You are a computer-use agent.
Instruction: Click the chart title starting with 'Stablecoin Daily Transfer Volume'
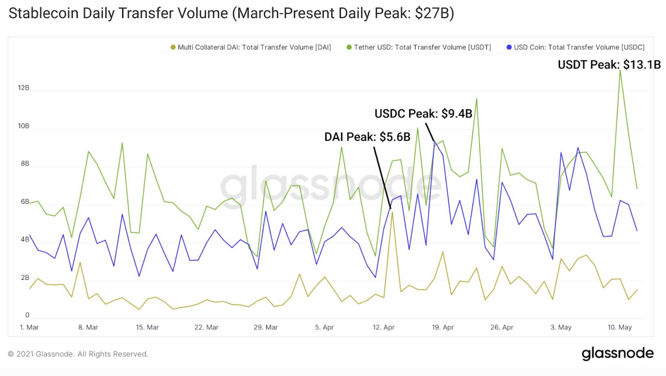pyautogui.click(x=231, y=14)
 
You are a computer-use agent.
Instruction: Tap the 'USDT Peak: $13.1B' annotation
pyautogui.click(x=609, y=65)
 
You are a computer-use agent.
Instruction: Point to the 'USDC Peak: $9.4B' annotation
pyautogui.click(x=423, y=113)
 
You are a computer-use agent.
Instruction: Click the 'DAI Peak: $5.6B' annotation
pyautogui.click(x=367, y=137)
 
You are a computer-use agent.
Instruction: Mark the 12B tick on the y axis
pyautogui.click(x=23, y=88)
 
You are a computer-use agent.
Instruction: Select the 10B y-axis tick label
pyautogui.click(x=23, y=126)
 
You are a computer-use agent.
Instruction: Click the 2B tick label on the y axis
pyautogui.click(x=25, y=277)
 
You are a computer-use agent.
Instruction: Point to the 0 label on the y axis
pyautogui.click(x=27, y=315)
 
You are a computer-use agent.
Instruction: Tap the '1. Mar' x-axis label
pyautogui.click(x=29, y=327)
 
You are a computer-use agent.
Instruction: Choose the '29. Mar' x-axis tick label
pyautogui.click(x=266, y=327)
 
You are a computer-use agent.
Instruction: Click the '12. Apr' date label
pyautogui.click(x=384, y=327)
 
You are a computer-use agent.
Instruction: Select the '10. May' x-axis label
pyautogui.click(x=620, y=327)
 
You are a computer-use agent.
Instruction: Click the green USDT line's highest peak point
pyautogui.click(x=620, y=71)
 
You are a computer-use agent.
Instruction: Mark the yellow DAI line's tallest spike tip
pyautogui.click(x=392, y=212)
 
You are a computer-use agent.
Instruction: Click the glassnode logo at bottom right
pyautogui.click(x=617, y=354)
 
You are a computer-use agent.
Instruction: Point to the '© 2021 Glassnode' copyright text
pyautogui.click(x=78, y=354)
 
